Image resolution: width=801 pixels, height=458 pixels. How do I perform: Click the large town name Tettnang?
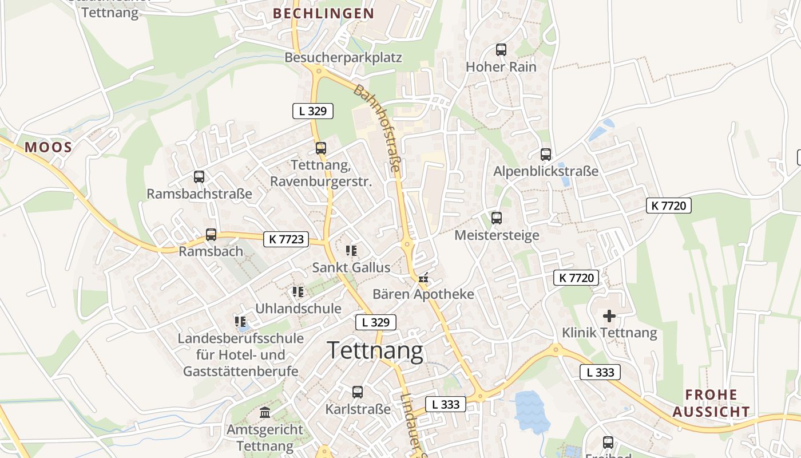pyautogui.click(x=375, y=351)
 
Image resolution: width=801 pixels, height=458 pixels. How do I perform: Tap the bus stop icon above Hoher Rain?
pyautogui.click(x=501, y=50)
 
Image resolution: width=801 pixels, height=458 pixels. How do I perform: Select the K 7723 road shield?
pyautogui.click(x=286, y=239)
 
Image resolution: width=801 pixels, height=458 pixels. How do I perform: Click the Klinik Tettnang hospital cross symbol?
pyautogui.click(x=609, y=315)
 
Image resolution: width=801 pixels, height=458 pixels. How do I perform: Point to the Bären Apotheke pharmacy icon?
pyautogui.click(x=423, y=278)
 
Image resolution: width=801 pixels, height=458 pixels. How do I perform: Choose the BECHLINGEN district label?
pyautogui.click(x=323, y=13)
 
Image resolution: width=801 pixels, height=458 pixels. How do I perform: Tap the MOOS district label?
pyautogui.click(x=48, y=147)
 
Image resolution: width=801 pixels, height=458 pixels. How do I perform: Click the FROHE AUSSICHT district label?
pyautogui.click(x=711, y=403)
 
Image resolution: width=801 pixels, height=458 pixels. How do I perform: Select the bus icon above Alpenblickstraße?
pyautogui.click(x=546, y=155)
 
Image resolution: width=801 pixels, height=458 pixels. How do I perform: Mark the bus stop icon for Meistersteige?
pyautogui.click(x=497, y=218)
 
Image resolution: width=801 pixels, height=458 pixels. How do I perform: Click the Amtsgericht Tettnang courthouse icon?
pyautogui.click(x=265, y=412)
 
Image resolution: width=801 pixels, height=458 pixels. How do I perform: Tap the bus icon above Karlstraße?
pyautogui.click(x=358, y=392)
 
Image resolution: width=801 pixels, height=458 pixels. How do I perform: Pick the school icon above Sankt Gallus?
pyautogui.click(x=351, y=250)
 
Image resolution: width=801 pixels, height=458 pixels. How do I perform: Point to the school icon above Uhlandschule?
pyautogui.click(x=298, y=292)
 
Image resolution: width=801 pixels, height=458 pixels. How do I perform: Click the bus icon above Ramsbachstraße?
pyautogui.click(x=199, y=177)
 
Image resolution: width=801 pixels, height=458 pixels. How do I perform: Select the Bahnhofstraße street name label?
pyautogui.click(x=377, y=128)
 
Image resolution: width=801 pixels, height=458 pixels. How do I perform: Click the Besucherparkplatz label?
pyautogui.click(x=343, y=57)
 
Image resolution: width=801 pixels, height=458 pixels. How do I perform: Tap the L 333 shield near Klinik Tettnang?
pyautogui.click(x=600, y=372)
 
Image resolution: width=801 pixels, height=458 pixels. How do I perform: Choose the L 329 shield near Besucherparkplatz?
pyautogui.click(x=312, y=111)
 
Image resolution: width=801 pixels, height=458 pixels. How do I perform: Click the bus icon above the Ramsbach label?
pyautogui.click(x=211, y=235)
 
